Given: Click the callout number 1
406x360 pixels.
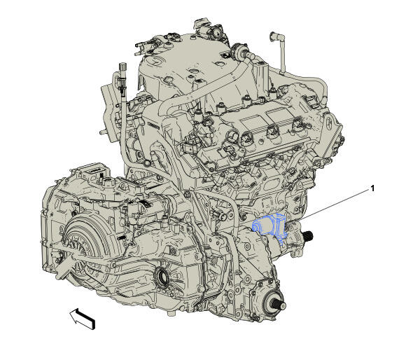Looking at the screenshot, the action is pyautogui.click(x=372, y=188).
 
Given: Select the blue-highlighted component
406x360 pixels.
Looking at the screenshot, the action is pyautogui.click(x=269, y=226).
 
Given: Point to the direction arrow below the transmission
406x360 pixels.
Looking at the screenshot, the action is pyautogui.click(x=82, y=319).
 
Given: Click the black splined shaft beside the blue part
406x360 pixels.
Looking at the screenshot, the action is pyautogui.click(x=309, y=235).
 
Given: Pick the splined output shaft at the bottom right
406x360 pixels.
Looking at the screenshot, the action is pyautogui.click(x=279, y=305).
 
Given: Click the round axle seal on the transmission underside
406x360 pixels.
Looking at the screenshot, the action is pyautogui.click(x=162, y=277).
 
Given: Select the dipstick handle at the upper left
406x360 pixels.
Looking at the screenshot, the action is pyautogui.click(x=122, y=68).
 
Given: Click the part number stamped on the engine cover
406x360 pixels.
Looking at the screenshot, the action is pyautogui.click(x=154, y=125).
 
